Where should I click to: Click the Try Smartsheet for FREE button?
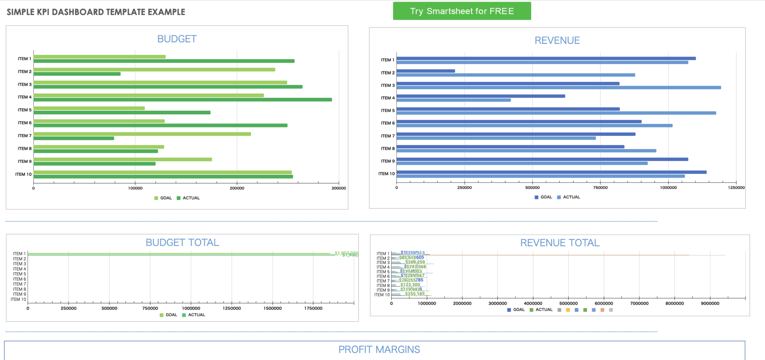462,11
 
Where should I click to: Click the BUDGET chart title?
177,39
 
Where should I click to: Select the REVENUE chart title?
557,41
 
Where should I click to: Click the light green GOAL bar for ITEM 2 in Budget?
154,70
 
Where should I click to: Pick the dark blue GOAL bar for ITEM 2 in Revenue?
426,71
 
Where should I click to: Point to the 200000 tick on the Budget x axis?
237,188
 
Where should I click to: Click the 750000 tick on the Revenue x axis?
600,188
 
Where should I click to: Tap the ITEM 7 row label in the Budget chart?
24,136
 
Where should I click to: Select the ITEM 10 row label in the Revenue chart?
386,174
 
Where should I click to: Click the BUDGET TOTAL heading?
182,243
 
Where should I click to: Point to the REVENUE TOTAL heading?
560,243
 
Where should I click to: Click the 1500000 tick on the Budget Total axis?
273,308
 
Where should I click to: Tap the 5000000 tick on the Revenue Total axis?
569,303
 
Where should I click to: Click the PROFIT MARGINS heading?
379,350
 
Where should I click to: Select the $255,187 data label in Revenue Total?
415,294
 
